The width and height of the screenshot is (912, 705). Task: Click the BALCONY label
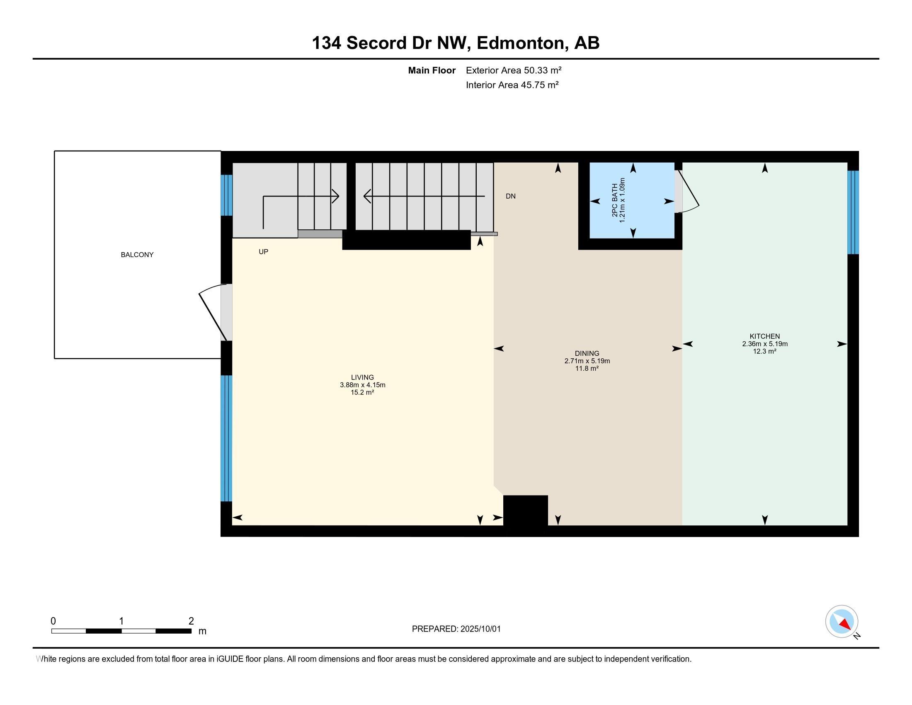coord(137,255)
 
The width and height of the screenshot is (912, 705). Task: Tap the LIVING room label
coord(362,377)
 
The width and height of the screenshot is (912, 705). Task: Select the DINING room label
coord(587,353)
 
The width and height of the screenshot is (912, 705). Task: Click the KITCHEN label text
coord(764,336)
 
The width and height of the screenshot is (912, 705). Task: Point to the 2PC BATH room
coord(632,200)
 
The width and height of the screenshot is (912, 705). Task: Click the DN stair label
coord(510,196)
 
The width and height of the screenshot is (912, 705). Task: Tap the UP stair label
coord(263,252)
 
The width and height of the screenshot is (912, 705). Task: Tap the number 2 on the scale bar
coord(191,621)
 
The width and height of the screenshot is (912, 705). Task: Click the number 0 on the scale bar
coord(53,621)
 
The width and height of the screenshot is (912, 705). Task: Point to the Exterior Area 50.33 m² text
coord(514,70)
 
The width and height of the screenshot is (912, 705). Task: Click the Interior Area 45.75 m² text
coord(512,85)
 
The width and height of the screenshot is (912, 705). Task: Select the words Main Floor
coord(432,70)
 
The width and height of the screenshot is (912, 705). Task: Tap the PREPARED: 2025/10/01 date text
coord(456,629)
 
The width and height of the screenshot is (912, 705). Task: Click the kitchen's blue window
coord(853,212)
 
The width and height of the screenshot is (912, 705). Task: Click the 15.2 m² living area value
coord(362,392)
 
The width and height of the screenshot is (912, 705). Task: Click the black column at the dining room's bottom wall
coord(525,511)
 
